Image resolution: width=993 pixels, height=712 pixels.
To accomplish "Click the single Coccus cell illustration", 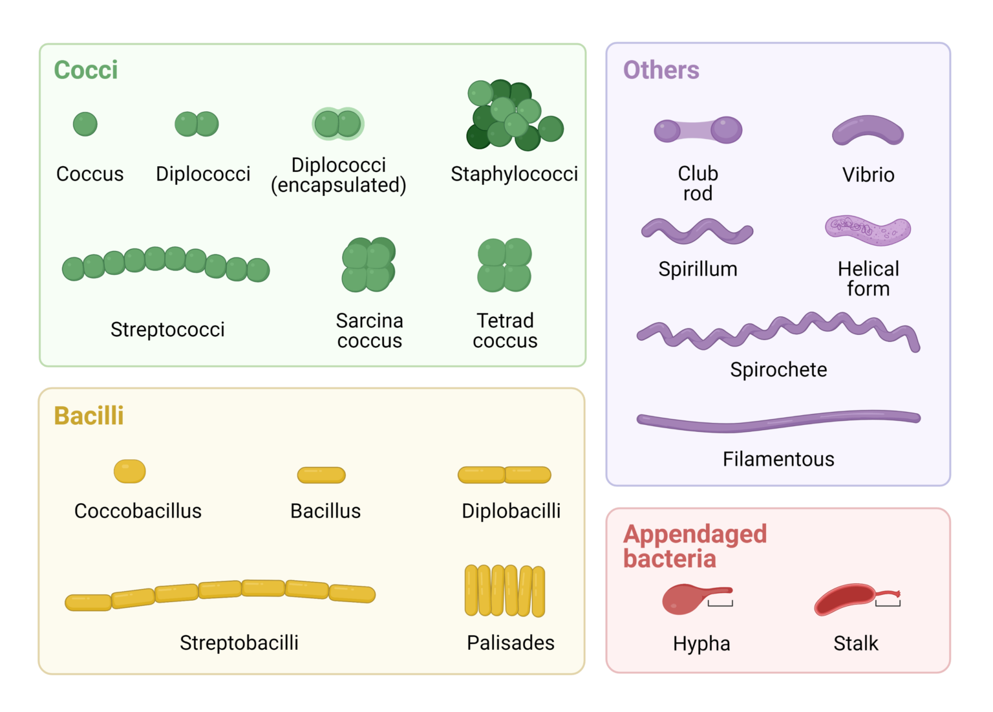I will click(x=85, y=124).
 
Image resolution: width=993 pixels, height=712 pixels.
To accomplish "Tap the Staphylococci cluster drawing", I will click(x=513, y=116).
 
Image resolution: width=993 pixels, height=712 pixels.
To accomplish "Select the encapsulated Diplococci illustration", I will click(x=338, y=124).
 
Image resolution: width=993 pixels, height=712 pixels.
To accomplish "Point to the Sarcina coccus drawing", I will click(x=368, y=264).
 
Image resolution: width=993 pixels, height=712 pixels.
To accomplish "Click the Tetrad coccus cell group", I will click(x=504, y=265).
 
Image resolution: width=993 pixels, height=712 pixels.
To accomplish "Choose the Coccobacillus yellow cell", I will click(x=129, y=471).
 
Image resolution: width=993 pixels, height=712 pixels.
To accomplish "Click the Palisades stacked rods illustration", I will click(x=505, y=591).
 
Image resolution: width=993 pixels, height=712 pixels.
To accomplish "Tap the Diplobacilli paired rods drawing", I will click(x=504, y=475).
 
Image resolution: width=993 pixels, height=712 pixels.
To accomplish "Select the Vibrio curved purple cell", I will click(x=868, y=131).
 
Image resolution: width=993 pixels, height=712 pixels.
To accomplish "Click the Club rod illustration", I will click(x=698, y=131).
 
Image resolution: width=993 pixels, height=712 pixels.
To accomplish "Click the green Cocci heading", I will click(x=86, y=70).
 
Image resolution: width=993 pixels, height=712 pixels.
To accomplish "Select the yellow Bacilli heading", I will click(x=89, y=416).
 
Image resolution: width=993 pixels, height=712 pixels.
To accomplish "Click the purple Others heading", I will click(x=661, y=70).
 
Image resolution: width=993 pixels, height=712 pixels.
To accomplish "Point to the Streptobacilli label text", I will click(x=239, y=643).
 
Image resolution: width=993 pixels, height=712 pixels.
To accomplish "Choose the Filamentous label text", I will click(x=778, y=459).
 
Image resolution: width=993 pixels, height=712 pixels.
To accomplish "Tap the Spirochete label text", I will click(x=778, y=369).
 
